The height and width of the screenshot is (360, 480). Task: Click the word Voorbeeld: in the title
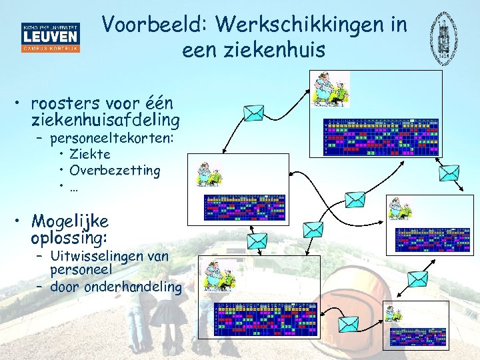(x=155, y=25)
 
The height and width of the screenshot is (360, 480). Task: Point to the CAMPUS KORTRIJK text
(x=51, y=49)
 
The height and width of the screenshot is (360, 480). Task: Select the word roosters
(x=64, y=105)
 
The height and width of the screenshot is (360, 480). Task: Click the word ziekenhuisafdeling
(x=105, y=121)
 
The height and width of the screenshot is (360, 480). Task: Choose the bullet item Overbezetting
(x=115, y=170)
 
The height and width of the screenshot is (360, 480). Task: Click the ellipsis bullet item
(x=74, y=186)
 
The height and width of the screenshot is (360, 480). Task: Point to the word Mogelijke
(x=69, y=221)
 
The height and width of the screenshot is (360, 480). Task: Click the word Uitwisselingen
(x=101, y=256)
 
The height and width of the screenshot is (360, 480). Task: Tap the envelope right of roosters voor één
(x=253, y=113)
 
